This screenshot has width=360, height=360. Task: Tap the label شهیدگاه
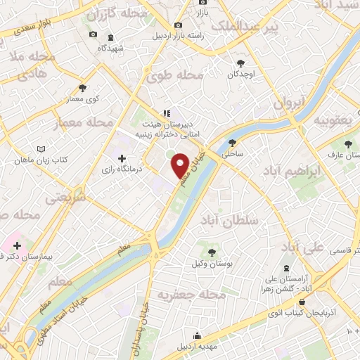(110, 47)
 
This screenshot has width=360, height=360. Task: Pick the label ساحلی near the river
(232, 153)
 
